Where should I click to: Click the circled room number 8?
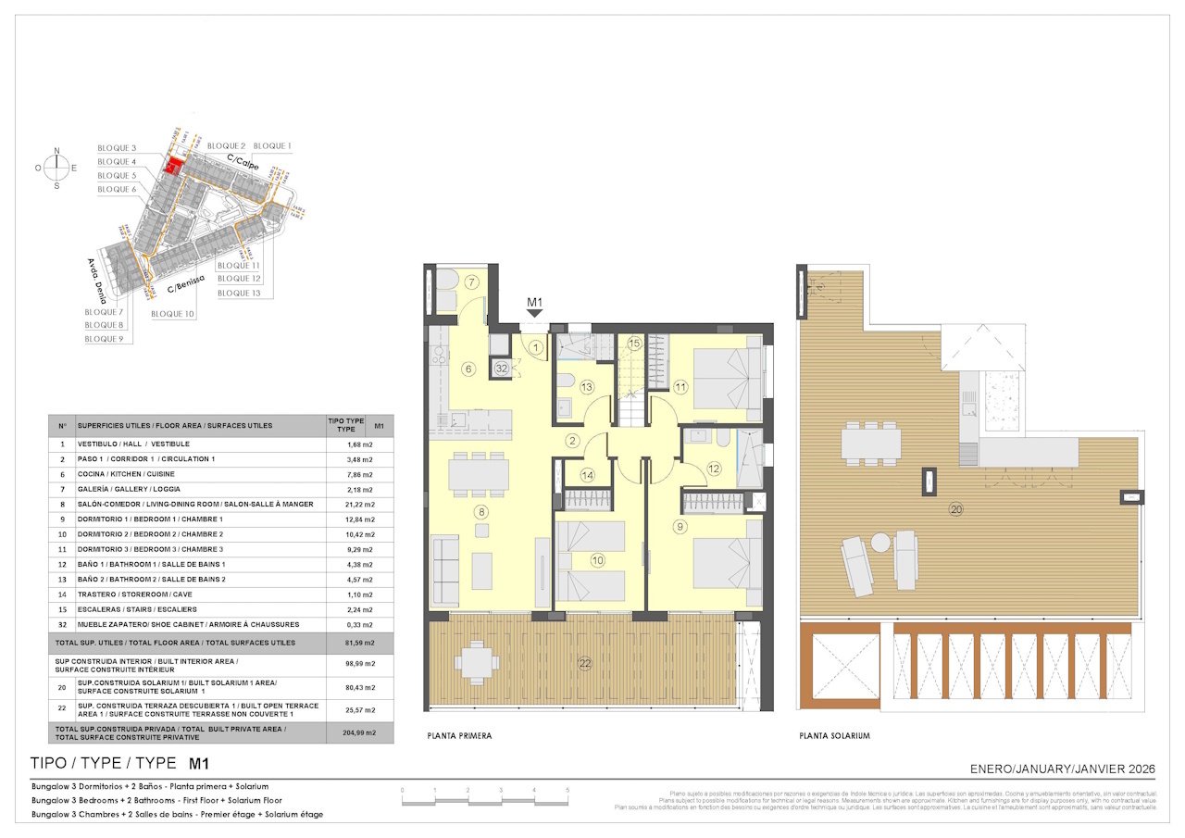480,511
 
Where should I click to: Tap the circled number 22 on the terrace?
584,662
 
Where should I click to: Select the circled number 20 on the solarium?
955,509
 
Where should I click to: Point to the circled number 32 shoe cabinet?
501,368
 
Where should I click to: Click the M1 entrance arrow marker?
534,313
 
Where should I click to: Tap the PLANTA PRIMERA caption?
459,736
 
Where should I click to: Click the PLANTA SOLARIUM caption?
834,736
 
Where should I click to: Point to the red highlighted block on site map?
171,165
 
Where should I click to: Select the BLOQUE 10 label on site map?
172,314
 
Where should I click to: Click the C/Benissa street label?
185,289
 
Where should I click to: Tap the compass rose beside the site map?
57,168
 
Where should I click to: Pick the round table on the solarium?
879,543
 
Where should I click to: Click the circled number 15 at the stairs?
634,344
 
